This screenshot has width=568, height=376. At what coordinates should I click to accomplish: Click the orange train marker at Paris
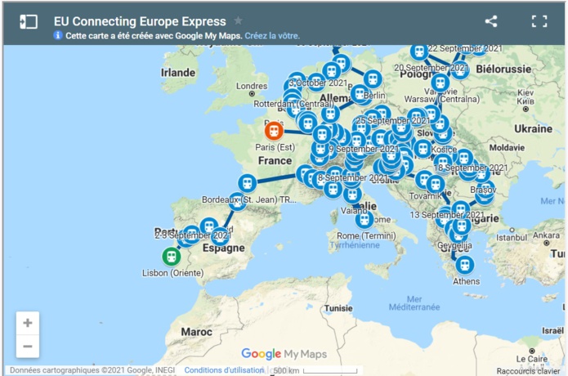273,129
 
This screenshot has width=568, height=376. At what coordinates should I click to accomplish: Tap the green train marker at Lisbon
171,256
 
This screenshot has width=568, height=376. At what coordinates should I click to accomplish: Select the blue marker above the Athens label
464,264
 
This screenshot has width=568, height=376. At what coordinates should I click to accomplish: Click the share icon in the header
491,21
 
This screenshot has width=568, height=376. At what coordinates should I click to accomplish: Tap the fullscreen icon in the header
539,21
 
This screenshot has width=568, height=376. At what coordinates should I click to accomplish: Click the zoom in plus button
27,323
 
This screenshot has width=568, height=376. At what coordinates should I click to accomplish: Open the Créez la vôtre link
272,36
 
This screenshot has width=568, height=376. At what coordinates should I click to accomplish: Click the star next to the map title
238,21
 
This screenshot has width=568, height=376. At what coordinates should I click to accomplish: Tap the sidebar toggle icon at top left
29,21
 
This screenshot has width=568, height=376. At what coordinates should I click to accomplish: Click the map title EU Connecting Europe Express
140,21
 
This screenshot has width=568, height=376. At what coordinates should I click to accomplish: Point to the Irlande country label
178,72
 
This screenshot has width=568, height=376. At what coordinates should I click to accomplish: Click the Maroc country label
196,333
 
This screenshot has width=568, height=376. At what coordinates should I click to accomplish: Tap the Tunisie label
338,309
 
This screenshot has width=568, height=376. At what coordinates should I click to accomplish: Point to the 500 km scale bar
315,371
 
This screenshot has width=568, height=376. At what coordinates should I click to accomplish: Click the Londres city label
250,86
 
